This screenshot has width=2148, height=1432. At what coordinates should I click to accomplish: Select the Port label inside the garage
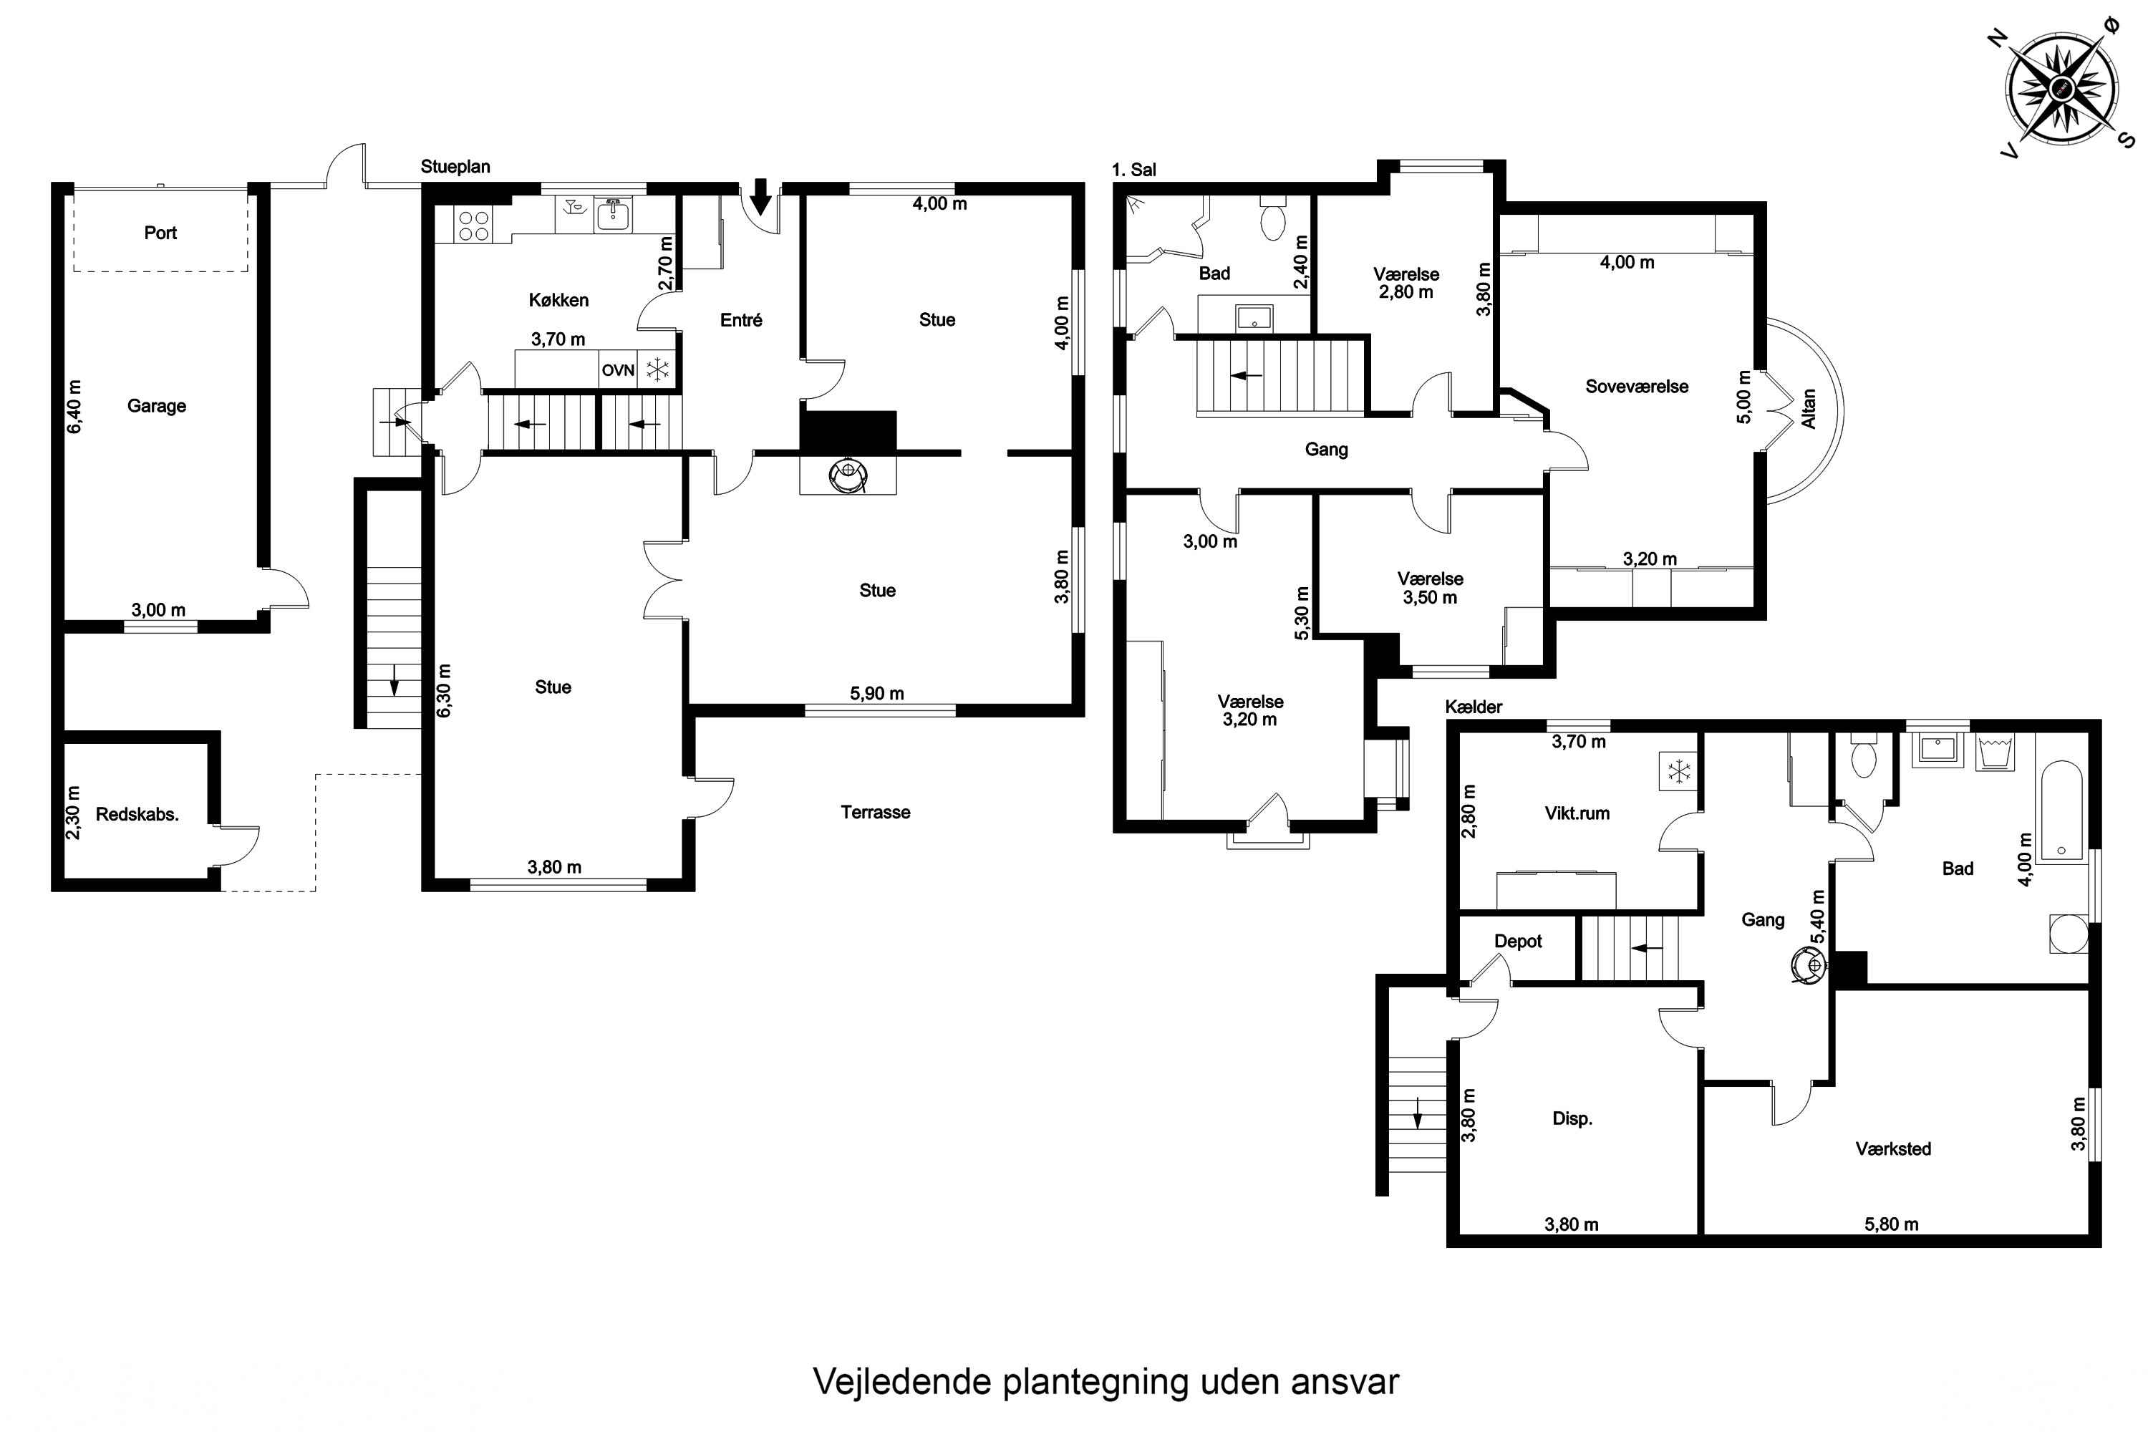(160, 233)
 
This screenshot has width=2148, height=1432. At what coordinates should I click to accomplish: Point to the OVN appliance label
(617, 371)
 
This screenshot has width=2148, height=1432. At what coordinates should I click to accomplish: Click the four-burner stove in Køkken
(473, 226)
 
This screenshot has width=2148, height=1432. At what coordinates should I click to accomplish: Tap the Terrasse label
(875, 812)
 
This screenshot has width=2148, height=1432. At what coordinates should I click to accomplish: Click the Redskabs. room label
(137, 815)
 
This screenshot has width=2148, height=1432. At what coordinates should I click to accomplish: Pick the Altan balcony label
(1809, 408)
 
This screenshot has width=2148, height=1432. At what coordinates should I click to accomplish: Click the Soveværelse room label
(1637, 387)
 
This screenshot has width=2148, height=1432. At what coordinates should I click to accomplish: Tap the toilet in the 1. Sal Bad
(1272, 221)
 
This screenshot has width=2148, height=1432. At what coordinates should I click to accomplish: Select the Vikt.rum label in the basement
(1577, 813)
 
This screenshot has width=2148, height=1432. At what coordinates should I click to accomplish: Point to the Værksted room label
(1893, 1149)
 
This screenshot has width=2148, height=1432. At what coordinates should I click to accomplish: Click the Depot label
(1518, 942)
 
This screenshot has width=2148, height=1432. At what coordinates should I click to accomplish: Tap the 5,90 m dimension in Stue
(876, 693)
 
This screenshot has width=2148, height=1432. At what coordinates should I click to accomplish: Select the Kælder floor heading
(1473, 707)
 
